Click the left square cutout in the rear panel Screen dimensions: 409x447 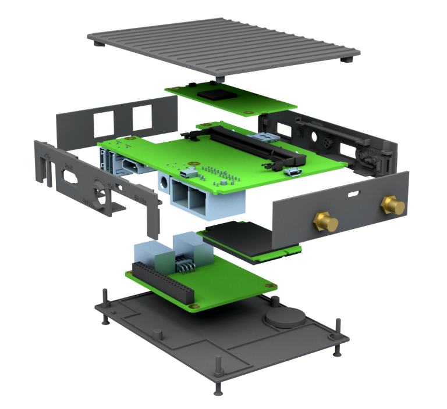(101, 122)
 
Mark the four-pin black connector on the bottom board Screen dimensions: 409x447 (186, 267)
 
